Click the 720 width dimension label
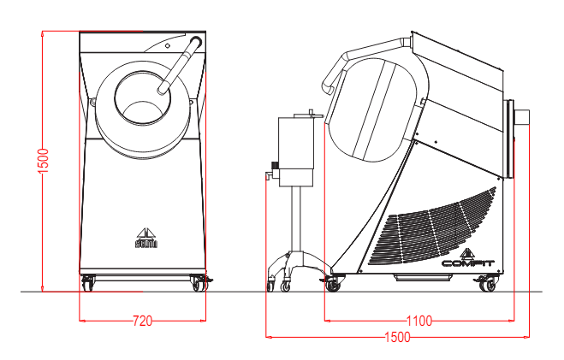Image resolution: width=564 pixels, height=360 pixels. [142, 322]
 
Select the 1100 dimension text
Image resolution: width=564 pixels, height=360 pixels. [419, 322]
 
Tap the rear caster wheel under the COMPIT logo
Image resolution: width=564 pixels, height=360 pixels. [487, 284]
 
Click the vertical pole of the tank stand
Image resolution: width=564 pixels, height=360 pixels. [297, 218]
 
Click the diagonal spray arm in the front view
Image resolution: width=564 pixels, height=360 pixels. [181, 64]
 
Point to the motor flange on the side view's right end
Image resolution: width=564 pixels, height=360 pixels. [519, 137]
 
